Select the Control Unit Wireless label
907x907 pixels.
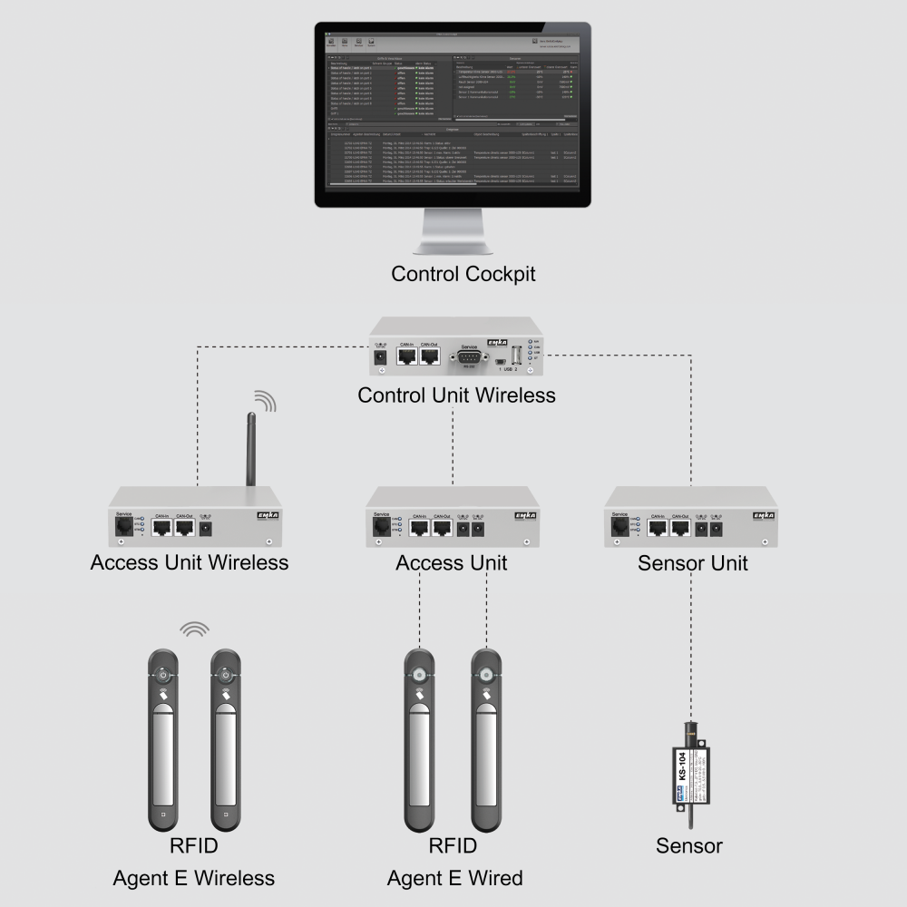click(456, 395)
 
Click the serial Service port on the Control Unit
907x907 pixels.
click(469, 357)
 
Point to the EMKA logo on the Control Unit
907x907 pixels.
click(497, 342)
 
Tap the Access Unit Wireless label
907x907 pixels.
click(190, 562)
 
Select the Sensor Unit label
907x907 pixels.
click(692, 562)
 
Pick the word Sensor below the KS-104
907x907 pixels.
click(689, 846)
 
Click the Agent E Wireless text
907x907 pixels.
click(194, 878)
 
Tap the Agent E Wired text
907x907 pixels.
click(454, 878)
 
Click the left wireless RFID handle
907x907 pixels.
click(162, 739)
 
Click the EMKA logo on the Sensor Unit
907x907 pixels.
click(764, 515)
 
